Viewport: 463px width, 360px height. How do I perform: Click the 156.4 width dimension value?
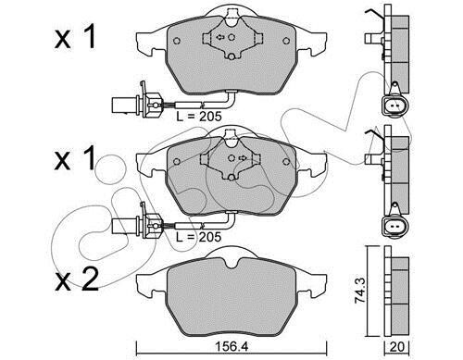(x=231, y=347)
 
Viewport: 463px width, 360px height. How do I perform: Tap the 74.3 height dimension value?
(x=360, y=291)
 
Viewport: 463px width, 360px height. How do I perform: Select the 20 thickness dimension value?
(x=396, y=347)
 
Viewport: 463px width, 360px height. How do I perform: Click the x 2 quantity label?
(x=77, y=279)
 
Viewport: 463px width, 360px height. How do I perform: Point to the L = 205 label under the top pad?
(x=199, y=117)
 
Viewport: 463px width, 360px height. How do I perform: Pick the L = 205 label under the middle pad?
(x=199, y=237)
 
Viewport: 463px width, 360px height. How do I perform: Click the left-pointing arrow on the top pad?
(x=220, y=37)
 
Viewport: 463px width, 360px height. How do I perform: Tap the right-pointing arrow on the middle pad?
(x=243, y=158)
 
